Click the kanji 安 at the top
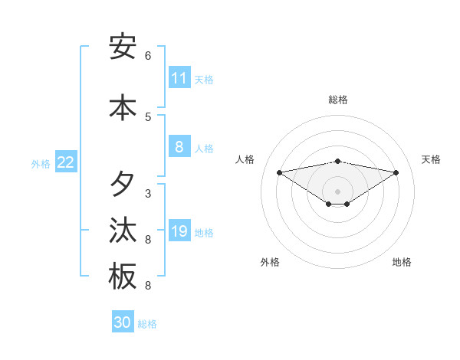tap(123, 47)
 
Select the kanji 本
tap(123, 108)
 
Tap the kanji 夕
tap(123, 185)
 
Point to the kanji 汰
tap(123, 231)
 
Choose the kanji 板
tap(123, 277)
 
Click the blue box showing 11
tap(179, 78)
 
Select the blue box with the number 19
tap(179, 231)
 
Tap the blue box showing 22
tap(66, 162)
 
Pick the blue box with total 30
tap(123, 322)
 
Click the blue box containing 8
tap(179, 147)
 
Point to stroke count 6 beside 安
tap(148, 56)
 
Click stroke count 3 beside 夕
tap(148, 194)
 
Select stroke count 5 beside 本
tap(148, 117)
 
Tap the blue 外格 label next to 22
tap(41, 163)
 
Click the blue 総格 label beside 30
tap(147, 324)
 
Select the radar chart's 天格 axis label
tap(431, 159)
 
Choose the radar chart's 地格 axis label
tap(402, 262)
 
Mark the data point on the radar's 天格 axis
tap(396, 172)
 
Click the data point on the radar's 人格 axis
tap(279, 172)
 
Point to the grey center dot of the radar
tap(338, 191)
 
